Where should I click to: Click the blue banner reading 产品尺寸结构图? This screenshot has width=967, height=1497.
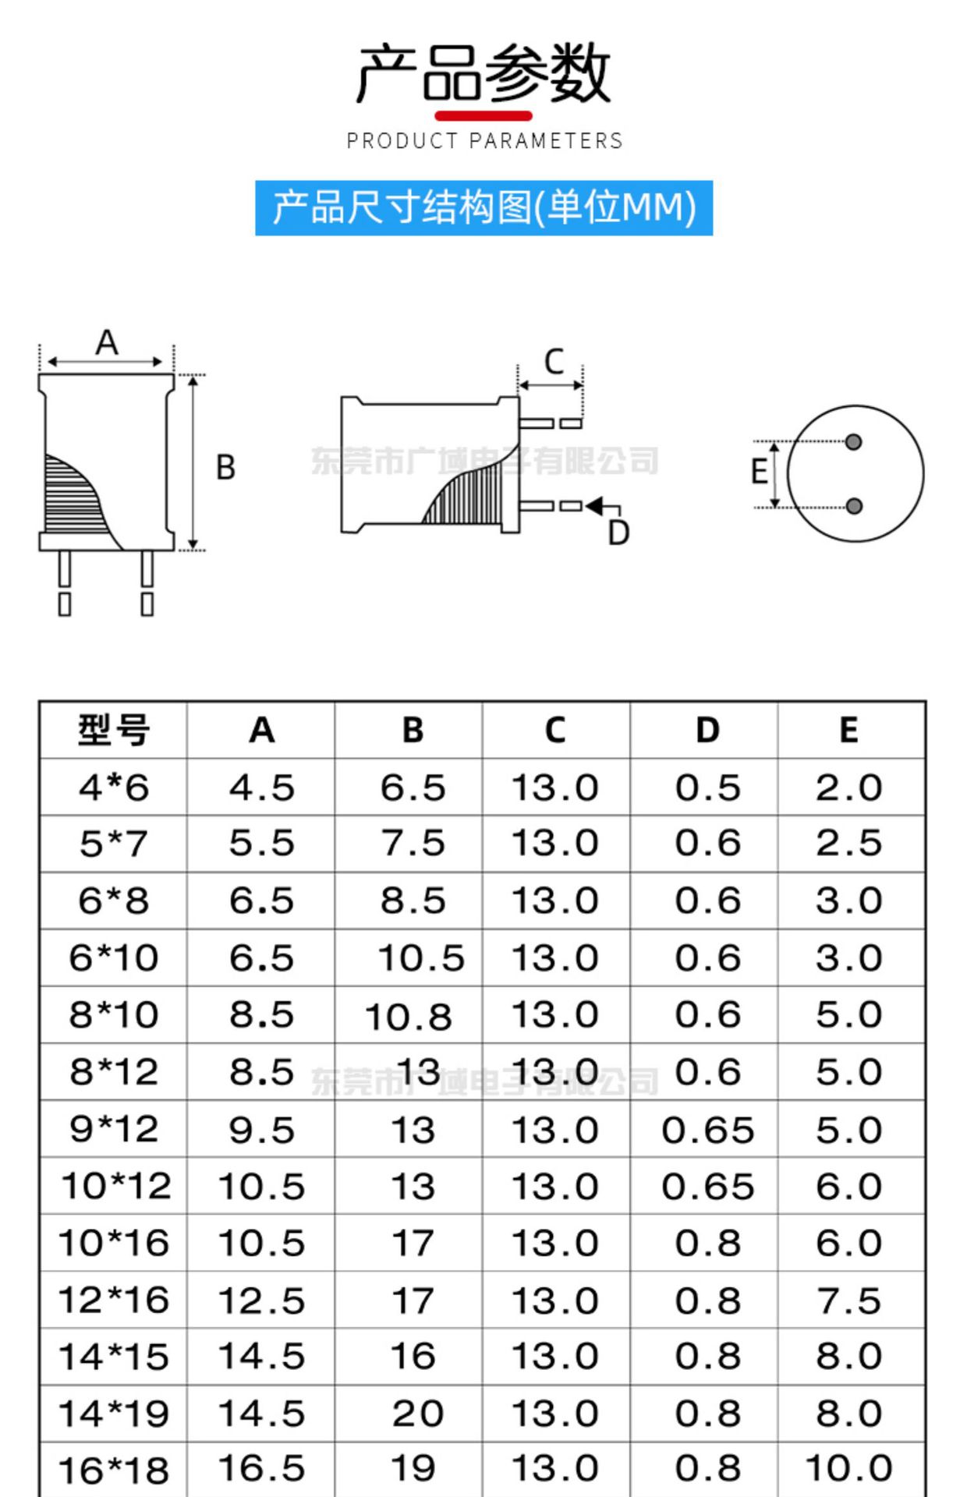coord(483,208)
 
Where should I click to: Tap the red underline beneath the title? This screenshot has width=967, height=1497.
coord(483,116)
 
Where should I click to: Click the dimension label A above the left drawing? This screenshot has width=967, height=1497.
coord(107,343)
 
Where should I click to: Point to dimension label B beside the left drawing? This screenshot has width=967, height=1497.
coord(225,468)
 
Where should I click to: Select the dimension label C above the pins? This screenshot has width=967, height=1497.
coord(554,362)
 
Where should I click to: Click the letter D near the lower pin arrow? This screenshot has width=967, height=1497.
coord(618,533)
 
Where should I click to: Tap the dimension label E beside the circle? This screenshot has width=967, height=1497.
coord(759,472)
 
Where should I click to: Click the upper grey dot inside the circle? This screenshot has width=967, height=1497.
coord(854,442)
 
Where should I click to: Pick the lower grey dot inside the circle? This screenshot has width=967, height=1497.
coord(854,506)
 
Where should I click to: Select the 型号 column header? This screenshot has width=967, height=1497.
coord(113,731)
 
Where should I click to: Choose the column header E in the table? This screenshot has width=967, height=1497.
coord(848,731)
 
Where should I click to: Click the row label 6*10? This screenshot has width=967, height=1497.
coord(113,957)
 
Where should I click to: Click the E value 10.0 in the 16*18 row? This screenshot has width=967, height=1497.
coord(848,1469)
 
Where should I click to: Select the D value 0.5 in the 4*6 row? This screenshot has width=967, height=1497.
coord(707,787)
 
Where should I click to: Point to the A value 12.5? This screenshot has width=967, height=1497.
coord(261,1301)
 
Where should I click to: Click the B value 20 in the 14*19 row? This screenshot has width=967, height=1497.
coord(418,1414)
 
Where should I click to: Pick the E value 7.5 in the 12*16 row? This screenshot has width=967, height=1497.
coord(848,1301)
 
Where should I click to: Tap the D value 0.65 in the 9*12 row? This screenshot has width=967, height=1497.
coord(707,1130)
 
